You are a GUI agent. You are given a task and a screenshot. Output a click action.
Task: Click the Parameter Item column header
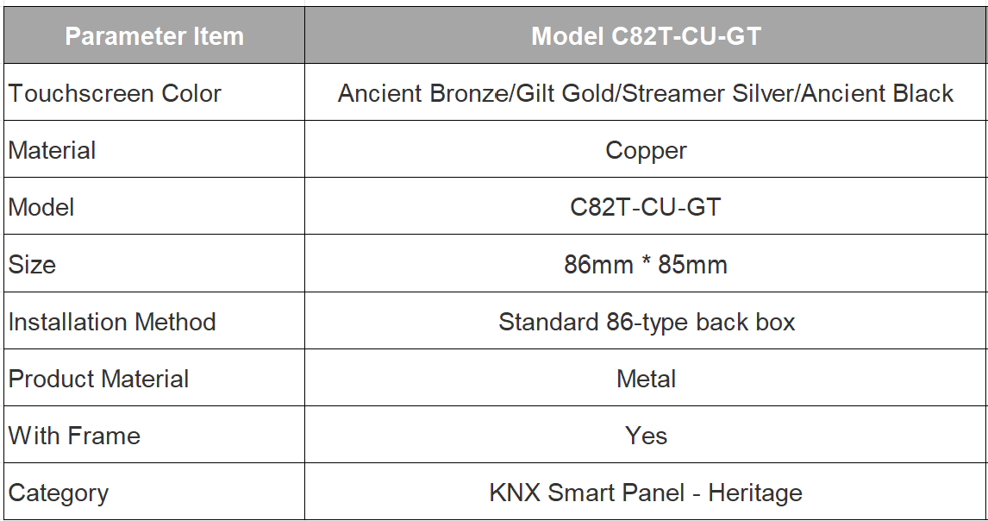pos(154,36)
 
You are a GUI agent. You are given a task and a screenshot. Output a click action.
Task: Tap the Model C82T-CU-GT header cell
pos(646,36)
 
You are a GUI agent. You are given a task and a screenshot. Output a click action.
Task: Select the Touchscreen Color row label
pos(115,93)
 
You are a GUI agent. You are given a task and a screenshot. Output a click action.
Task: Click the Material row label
pos(52,151)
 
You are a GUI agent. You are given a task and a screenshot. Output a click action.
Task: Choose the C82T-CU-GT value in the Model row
pos(645,208)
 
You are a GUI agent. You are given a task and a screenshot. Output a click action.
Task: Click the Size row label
pos(32,265)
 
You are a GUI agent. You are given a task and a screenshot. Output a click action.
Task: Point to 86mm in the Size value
pos(598,265)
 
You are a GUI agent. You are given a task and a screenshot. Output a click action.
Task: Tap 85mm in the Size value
pos(692,265)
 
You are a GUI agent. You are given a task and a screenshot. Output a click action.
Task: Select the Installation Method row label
pos(112,322)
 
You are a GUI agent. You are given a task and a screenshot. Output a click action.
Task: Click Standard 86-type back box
pos(647,323)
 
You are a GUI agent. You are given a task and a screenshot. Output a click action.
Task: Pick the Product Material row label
pos(98,379)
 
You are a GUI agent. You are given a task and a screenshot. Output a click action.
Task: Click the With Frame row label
pos(74,436)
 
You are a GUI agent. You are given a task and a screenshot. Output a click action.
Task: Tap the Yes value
pos(646,436)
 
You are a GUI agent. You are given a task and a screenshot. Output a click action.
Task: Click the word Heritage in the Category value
pos(755,493)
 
